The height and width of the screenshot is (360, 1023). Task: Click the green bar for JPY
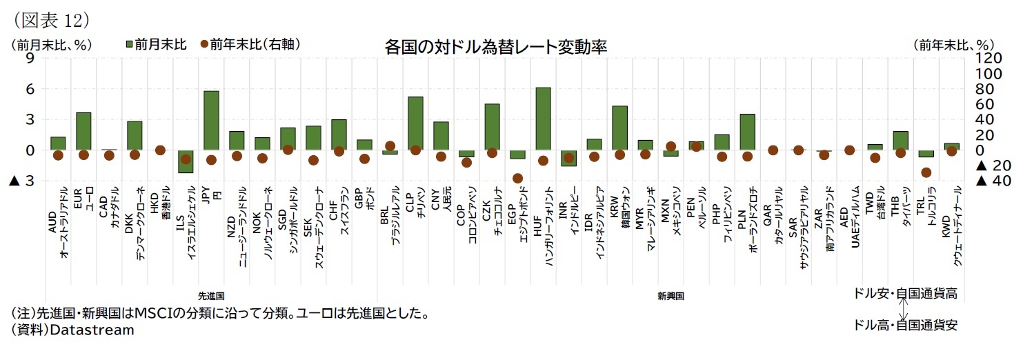click(x=211, y=121)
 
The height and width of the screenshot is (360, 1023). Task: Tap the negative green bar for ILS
click(x=186, y=161)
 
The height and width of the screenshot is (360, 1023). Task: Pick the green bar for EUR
click(x=83, y=131)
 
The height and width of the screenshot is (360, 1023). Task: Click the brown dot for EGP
click(x=517, y=178)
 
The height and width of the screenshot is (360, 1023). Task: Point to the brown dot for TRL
click(x=926, y=172)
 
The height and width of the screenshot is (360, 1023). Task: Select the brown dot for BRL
click(x=390, y=146)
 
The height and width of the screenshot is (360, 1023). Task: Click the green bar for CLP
click(x=415, y=123)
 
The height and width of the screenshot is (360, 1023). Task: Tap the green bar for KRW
click(x=619, y=128)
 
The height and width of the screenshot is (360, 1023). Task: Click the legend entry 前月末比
click(x=155, y=44)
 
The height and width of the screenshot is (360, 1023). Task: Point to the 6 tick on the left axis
click(x=30, y=89)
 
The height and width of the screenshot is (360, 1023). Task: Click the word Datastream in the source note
click(x=90, y=330)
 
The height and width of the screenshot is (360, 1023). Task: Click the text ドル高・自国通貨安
click(x=905, y=325)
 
